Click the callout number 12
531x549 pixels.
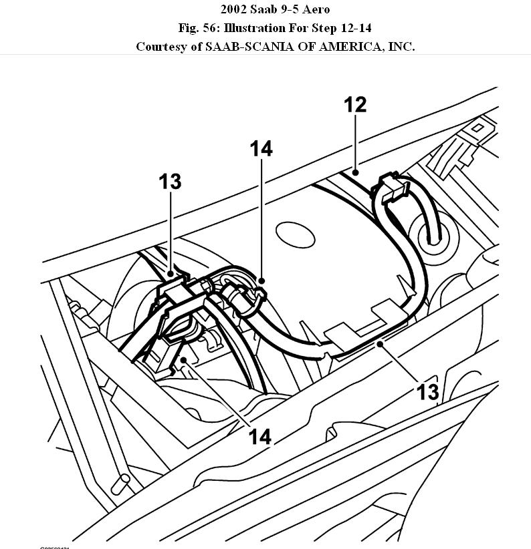coord(356,106)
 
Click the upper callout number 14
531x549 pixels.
coord(261,149)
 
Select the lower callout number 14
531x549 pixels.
coord(259,437)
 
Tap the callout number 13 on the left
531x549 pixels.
coord(170,181)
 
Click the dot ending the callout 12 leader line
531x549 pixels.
coord(356,173)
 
